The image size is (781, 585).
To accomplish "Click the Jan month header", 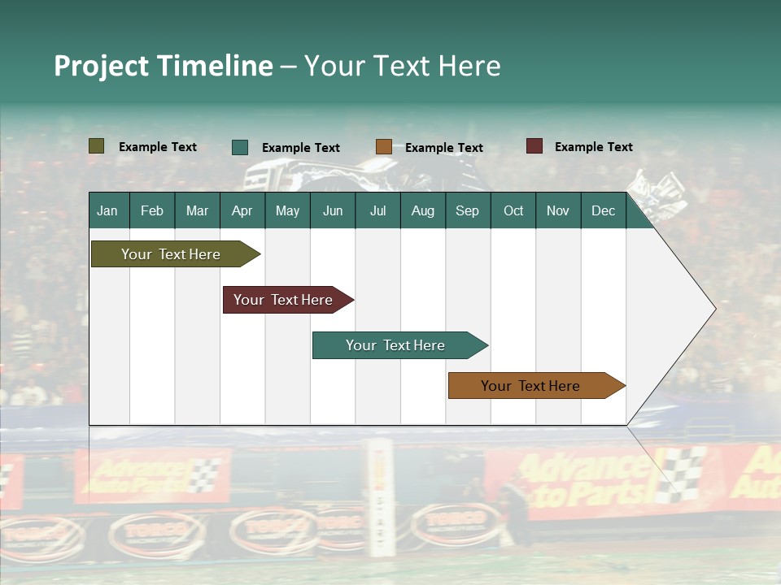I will [107, 211].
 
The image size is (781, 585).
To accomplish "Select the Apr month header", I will [242, 211].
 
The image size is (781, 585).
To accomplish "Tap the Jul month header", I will [377, 211].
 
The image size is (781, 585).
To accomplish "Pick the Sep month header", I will [467, 211].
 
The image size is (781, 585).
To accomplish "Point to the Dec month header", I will [603, 211].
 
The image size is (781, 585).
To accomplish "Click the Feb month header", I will [152, 211].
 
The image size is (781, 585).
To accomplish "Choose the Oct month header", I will [513, 211].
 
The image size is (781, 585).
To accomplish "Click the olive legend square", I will [97, 146].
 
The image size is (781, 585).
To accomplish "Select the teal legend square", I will [240, 147].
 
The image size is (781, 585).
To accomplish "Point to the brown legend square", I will [384, 147].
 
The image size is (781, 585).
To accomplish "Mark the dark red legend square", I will [534, 146].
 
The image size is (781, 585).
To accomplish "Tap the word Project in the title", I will [102, 66].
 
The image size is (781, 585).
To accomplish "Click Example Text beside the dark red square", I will [593, 147].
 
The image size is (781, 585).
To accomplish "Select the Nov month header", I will [558, 211].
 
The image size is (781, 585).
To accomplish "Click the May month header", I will [287, 211].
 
